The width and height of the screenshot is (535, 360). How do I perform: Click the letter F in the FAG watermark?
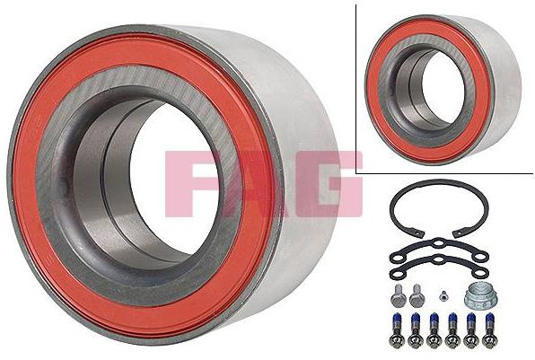pos(186,183)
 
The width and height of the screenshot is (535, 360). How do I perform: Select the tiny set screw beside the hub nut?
pos(443,297)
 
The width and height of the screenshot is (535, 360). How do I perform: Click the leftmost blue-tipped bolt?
pos(396,328)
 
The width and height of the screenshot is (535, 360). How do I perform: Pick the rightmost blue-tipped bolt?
pos(489,328)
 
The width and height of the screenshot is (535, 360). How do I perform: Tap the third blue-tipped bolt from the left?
pos(434,328)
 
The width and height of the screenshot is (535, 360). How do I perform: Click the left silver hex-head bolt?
pos(397,295)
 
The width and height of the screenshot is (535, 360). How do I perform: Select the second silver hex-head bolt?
pos(416,295)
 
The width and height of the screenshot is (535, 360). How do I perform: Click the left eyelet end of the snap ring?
pos(419,234)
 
